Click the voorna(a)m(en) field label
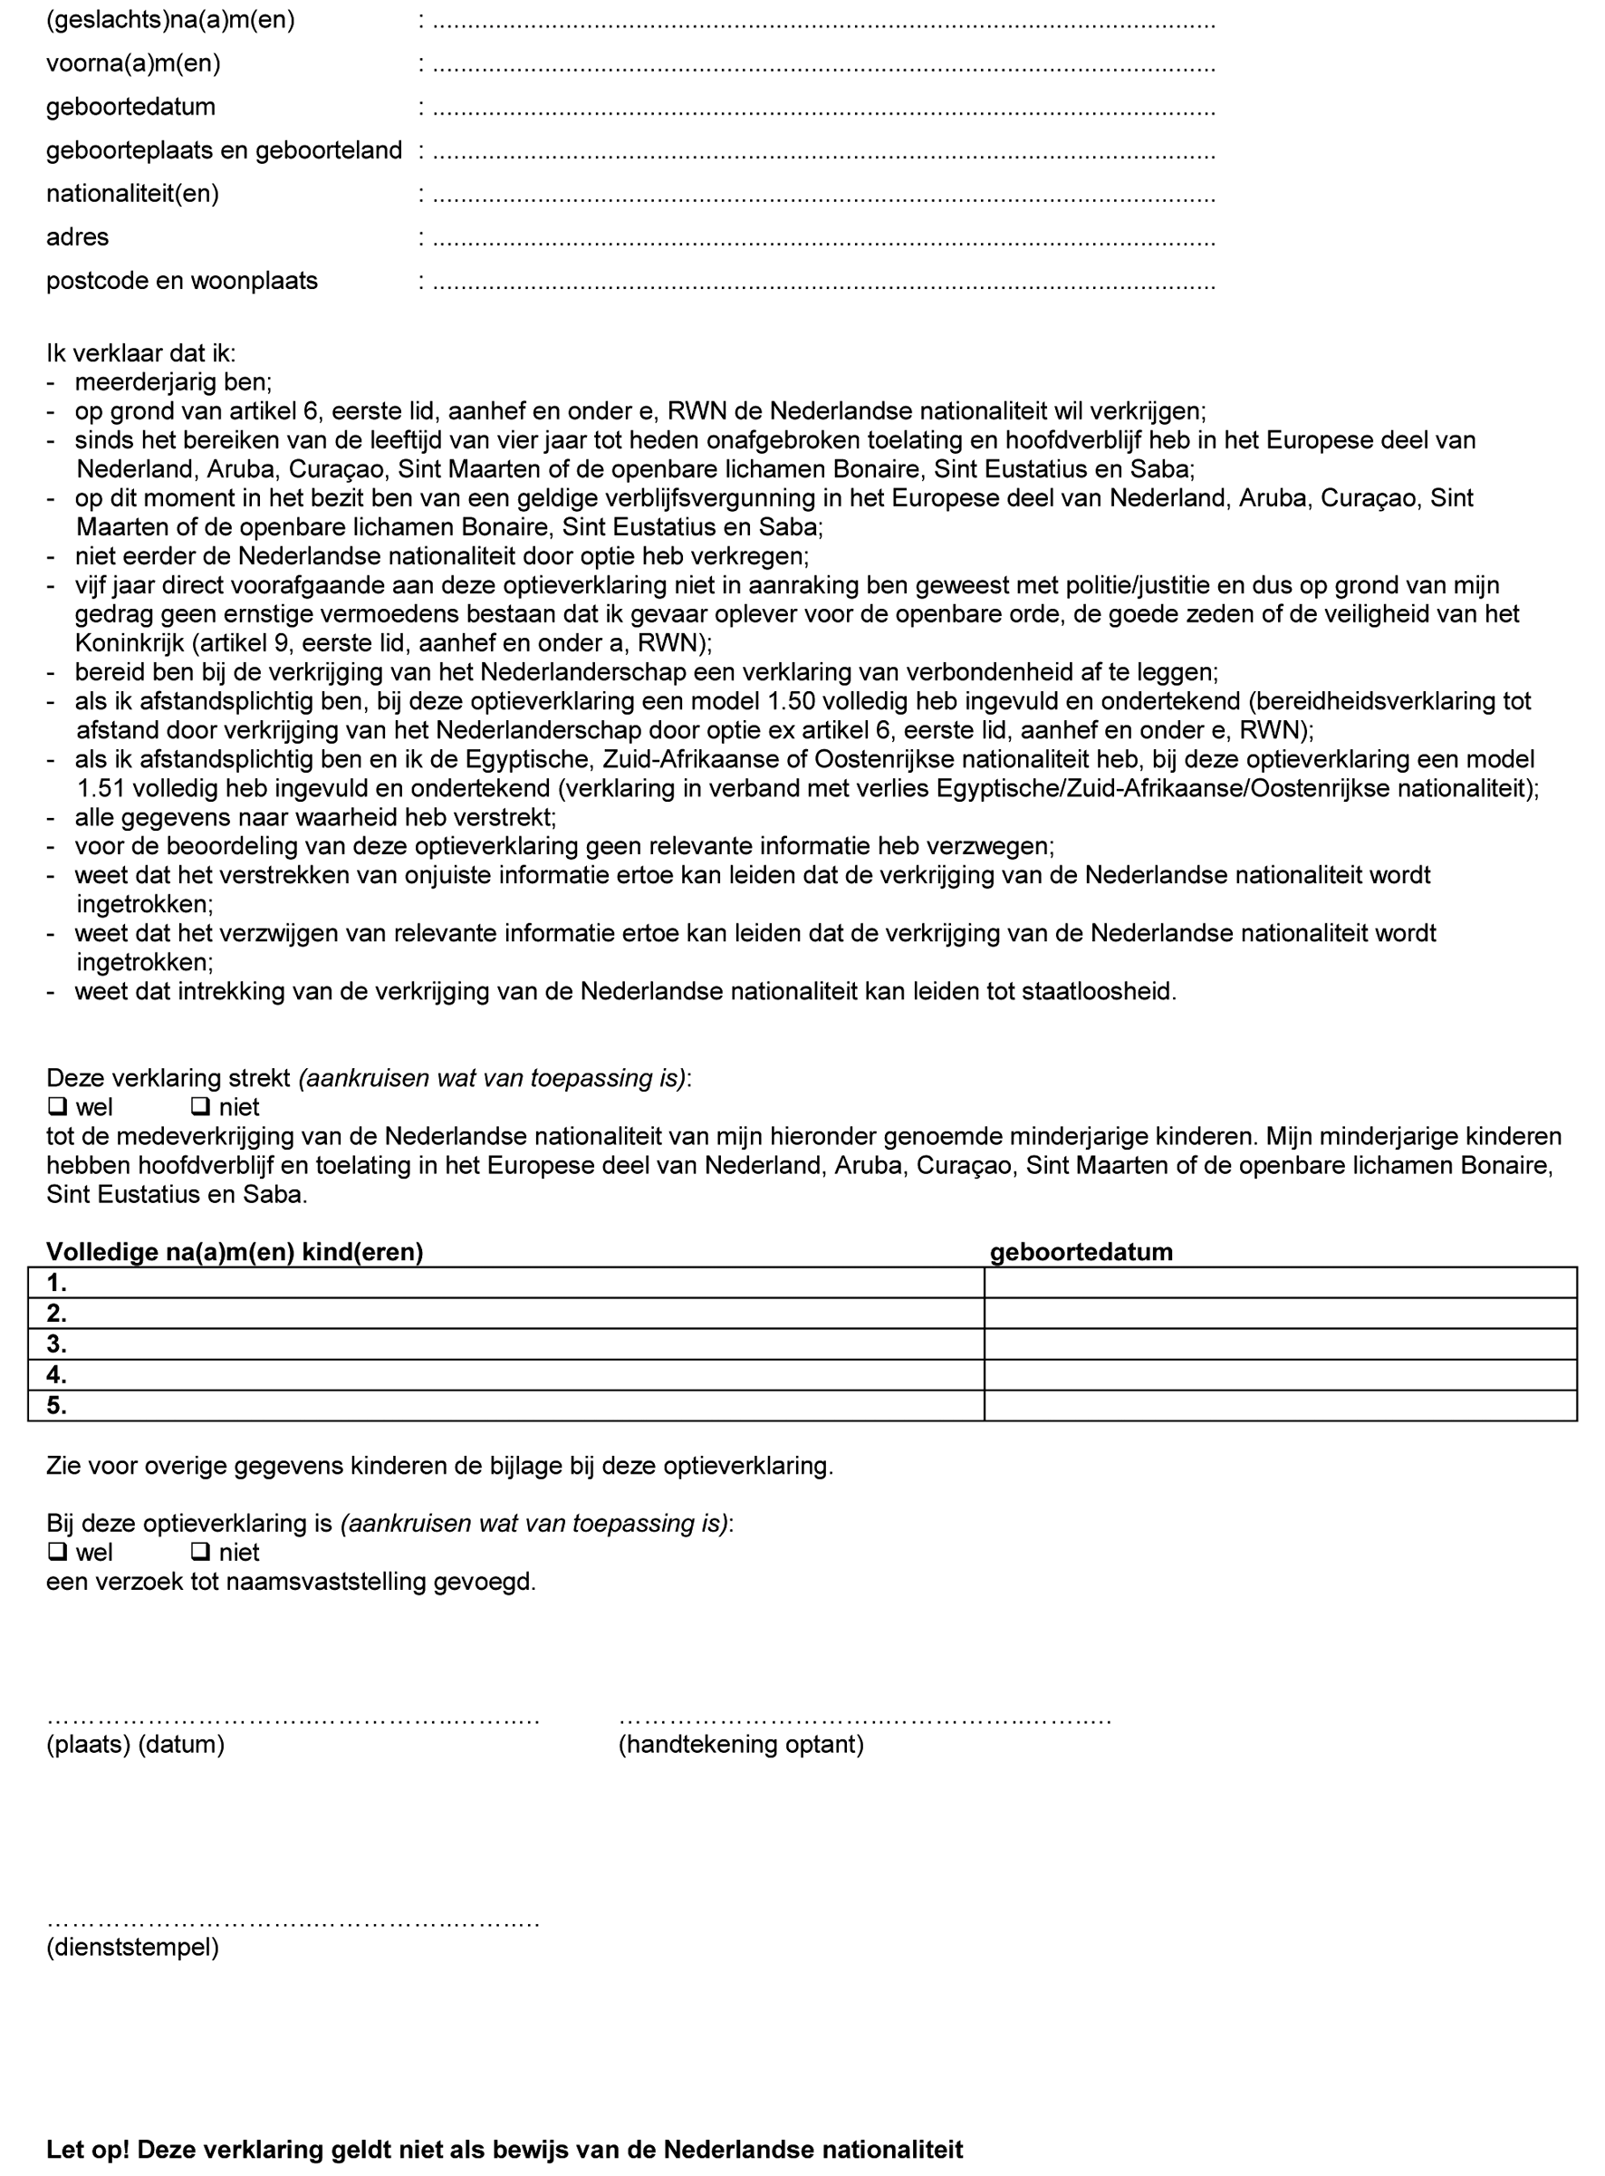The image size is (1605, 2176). [x=133, y=64]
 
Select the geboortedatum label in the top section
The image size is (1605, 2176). [x=130, y=107]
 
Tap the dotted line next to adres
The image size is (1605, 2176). [x=823, y=238]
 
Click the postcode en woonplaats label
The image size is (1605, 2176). [x=182, y=281]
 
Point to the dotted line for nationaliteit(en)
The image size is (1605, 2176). [x=823, y=196]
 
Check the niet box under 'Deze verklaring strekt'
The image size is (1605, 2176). [x=201, y=1106]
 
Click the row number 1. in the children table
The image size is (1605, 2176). [x=56, y=1284]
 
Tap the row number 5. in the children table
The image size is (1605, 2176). [x=56, y=1406]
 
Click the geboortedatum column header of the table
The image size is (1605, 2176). [x=1081, y=1252]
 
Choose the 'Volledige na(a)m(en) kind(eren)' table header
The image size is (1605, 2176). [x=235, y=1252]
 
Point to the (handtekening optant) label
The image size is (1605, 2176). [x=740, y=1745]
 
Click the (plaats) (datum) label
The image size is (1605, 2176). [x=135, y=1745]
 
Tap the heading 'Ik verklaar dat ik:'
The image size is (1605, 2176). [x=141, y=353]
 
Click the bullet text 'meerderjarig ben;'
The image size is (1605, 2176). [x=173, y=382]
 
